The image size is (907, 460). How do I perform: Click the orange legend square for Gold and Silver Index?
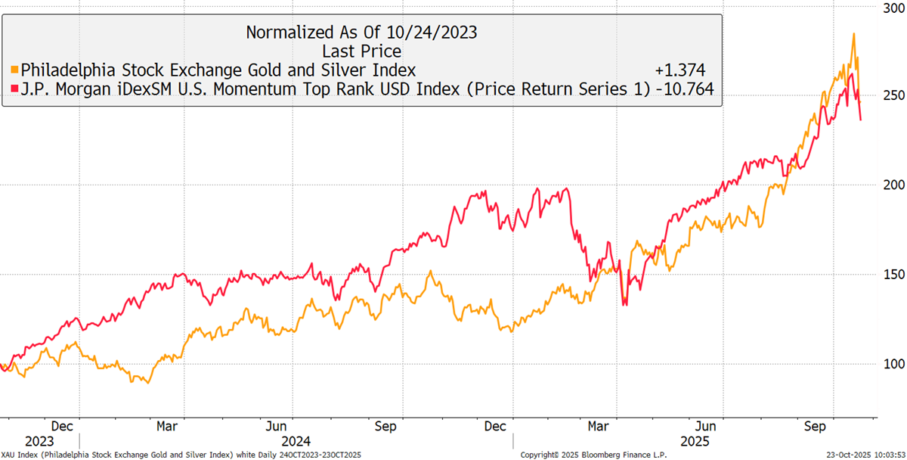click(14, 70)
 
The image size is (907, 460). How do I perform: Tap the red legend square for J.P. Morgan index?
click(14, 90)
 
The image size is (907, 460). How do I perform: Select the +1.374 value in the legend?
click(680, 70)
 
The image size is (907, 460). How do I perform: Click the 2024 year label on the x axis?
click(294, 440)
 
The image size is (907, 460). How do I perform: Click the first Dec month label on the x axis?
click(62, 426)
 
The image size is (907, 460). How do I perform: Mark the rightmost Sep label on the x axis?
click(815, 426)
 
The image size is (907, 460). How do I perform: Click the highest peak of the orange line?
click(854, 33)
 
